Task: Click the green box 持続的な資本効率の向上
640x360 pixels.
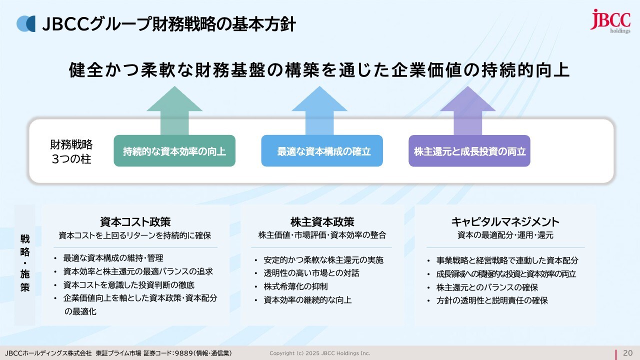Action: point(174,151)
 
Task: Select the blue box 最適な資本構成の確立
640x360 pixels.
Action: point(322,151)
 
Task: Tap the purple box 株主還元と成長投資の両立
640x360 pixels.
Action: point(469,151)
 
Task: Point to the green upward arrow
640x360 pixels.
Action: point(174,110)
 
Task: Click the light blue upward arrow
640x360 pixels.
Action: point(319,110)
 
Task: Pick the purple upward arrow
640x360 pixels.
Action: point(467,110)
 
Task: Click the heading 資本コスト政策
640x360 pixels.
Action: point(135,222)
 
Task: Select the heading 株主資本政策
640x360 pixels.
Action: point(322,222)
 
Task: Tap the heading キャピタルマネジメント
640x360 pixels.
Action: point(505,222)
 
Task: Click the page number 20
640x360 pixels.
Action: point(627,353)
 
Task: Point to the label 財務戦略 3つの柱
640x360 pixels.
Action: point(71,151)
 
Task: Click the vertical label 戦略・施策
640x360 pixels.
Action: point(25,263)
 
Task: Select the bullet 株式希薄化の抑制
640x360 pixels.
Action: point(295,286)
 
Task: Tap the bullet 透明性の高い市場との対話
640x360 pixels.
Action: point(311,273)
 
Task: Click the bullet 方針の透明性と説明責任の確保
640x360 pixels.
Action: point(492,300)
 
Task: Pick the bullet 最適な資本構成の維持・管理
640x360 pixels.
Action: point(113,258)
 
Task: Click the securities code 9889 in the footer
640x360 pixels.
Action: point(185,353)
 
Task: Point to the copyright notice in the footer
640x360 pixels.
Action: point(319,353)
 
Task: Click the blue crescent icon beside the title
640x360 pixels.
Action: point(26,23)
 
